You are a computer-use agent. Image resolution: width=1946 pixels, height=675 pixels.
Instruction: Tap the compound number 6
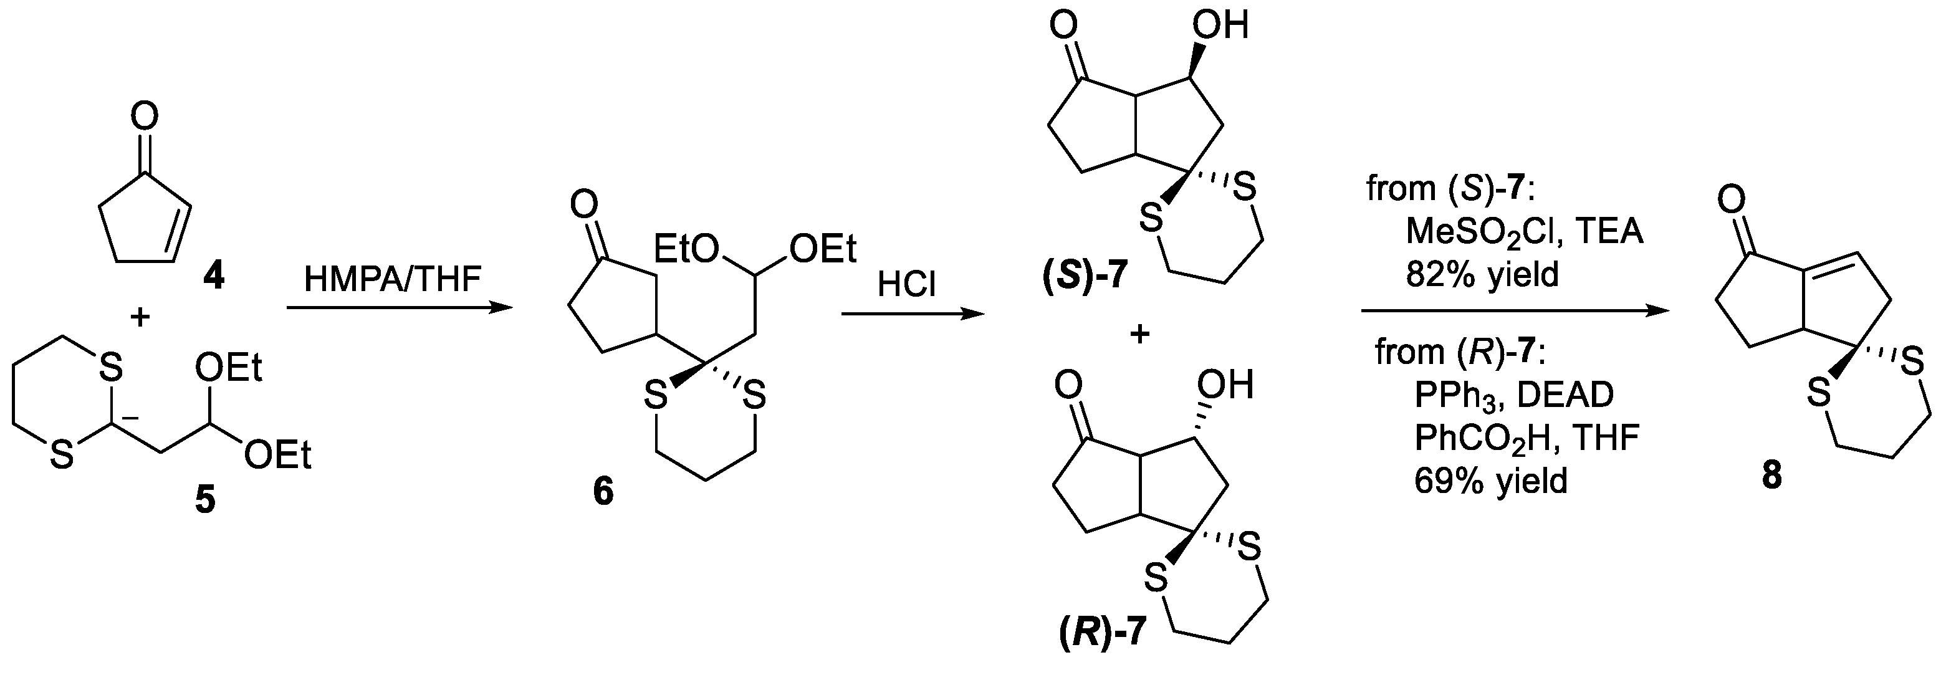603,492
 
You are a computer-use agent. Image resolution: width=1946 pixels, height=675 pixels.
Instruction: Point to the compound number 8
1771,476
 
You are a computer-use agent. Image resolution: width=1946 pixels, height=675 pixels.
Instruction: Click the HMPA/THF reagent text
392,279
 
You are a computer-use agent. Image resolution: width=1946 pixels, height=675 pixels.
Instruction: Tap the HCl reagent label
906,286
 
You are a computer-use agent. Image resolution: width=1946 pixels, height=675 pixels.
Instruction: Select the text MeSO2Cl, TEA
1524,231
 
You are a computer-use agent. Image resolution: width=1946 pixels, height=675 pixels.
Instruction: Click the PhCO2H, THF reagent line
1526,438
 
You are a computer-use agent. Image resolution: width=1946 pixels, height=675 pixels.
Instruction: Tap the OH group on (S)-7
1220,26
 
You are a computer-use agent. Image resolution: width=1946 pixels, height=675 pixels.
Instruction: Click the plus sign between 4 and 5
140,317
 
